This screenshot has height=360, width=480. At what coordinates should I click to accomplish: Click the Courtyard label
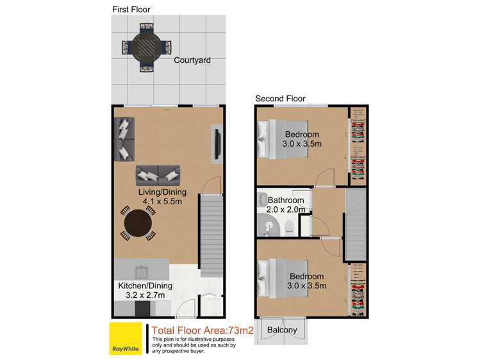(x=192, y=60)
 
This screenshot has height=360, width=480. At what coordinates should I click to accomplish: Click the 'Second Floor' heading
(x=280, y=99)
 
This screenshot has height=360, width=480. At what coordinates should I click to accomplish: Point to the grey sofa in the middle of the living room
(x=157, y=174)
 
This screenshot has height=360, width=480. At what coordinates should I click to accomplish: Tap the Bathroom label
(x=286, y=200)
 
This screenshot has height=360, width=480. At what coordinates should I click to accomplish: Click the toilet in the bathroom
(x=290, y=226)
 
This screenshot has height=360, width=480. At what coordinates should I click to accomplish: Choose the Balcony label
(x=281, y=331)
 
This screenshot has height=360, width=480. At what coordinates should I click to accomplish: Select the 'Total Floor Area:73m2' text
(x=198, y=331)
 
